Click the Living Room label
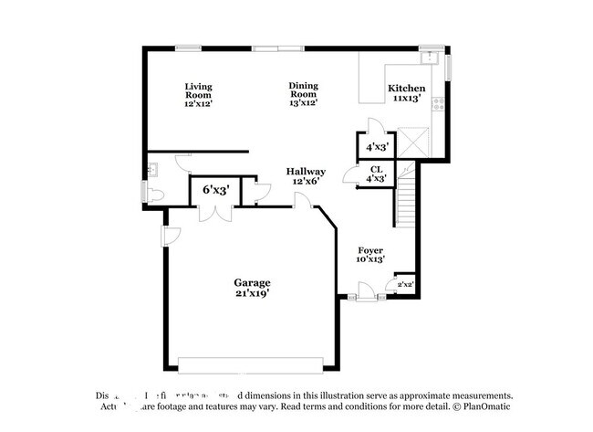coord(198,95)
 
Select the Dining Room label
coord(304,94)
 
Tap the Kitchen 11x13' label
coord(406,93)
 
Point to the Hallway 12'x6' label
coord(306,176)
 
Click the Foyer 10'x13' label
coord(369,255)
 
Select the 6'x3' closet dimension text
coord(214,190)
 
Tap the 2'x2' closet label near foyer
coord(405,286)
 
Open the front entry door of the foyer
coord(365,294)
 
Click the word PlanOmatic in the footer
coord(488,407)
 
